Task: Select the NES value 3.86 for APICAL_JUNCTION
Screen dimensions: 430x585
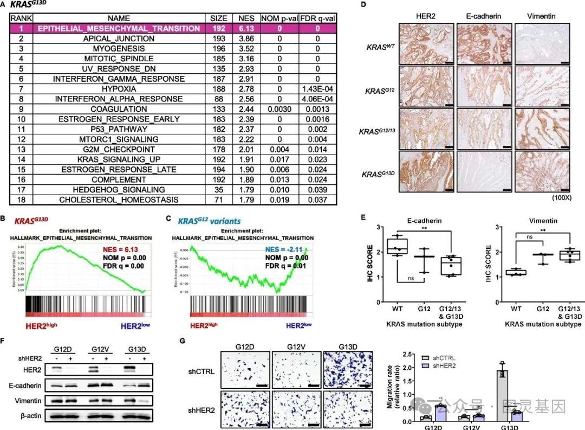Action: click(x=243, y=38)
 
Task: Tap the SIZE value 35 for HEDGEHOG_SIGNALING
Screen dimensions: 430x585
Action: click(x=218, y=189)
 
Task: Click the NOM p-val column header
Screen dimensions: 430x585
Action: click(x=275, y=18)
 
